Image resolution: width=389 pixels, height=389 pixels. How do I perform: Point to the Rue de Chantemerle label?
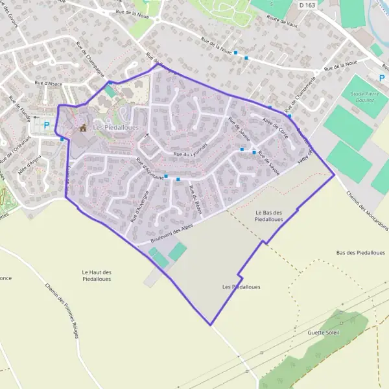(305, 97)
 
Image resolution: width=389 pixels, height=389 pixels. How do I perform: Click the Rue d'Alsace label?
(49, 83)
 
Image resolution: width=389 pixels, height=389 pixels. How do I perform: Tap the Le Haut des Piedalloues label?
(97, 276)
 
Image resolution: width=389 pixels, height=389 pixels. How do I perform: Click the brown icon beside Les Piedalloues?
(82, 128)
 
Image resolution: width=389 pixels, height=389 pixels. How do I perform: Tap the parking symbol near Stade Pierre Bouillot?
(381, 78)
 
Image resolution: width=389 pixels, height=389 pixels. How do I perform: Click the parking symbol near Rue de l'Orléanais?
(46, 124)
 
